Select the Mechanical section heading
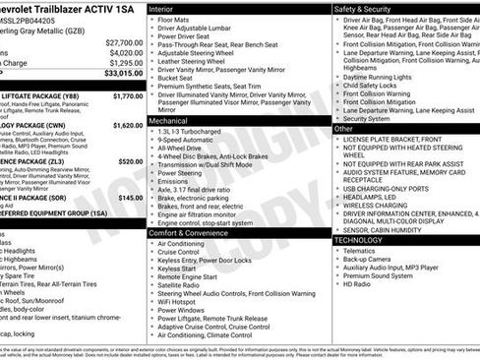pyautogui.click(x=168, y=120)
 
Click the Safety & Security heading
pyautogui.click(x=362, y=8)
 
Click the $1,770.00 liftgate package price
pyautogui.click(x=128, y=96)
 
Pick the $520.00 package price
pyautogui.click(x=130, y=161)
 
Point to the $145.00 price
pyautogui.click(x=131, y=197)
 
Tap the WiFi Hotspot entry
pyautogui.click(x=184, y=300)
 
